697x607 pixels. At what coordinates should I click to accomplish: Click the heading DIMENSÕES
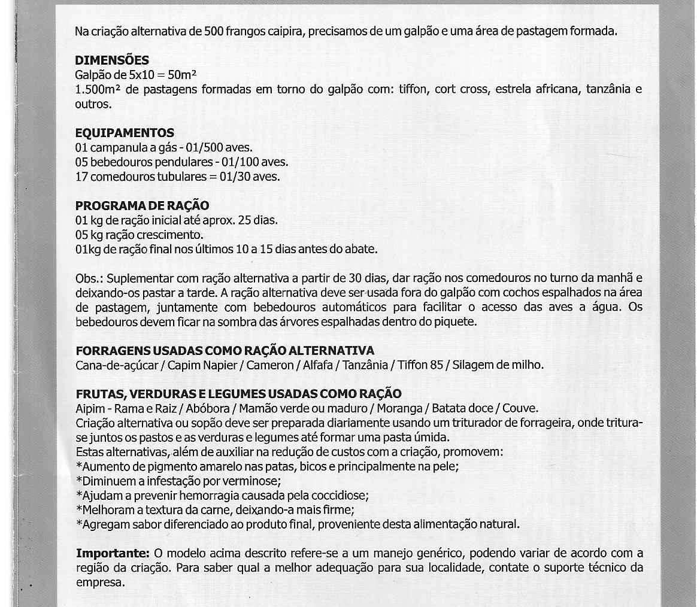tap(112, 60)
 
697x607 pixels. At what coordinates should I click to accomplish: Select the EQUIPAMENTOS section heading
tap(125, 133)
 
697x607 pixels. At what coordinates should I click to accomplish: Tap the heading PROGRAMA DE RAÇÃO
tap(142, 206)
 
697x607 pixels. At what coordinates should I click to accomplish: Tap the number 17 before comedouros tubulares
tap(81, 177)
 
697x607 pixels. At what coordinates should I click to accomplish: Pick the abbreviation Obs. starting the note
tap(87, 278)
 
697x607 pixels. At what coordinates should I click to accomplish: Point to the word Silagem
tap(473, 365)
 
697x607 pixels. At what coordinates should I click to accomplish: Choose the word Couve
tap(520, 409)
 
